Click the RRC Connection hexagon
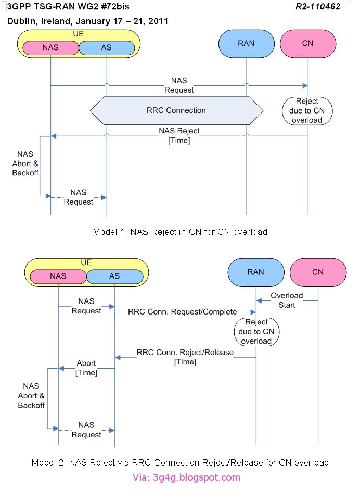click(x=175, y=110)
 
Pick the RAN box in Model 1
click(x=247, y=43)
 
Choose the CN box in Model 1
click(x=307, y=43)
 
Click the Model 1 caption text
click(x=180, y=232)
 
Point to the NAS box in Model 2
click(x=58, y=276)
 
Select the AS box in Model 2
click(x=115, y=276)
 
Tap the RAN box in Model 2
click(x=256, y=272)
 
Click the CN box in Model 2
click(x=317, y=272)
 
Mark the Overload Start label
click(x=287, y=300)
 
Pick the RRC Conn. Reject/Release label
click(x=185, y=357)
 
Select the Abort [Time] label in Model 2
click(x=86, y=368)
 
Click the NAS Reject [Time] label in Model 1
click(x=179, y=136)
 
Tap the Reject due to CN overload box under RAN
click(x=256, y=332)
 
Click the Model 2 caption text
click(x=180, y=462)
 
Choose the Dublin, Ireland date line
click(x=87, y=21)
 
